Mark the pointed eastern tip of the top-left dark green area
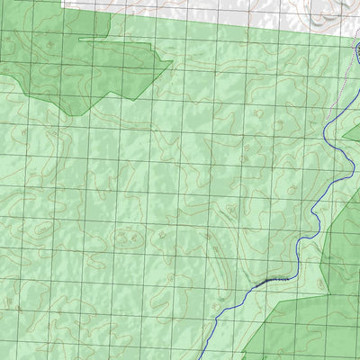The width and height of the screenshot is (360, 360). (x=172, y=62)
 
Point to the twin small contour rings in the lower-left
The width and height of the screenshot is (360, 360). (x=125, y=238)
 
